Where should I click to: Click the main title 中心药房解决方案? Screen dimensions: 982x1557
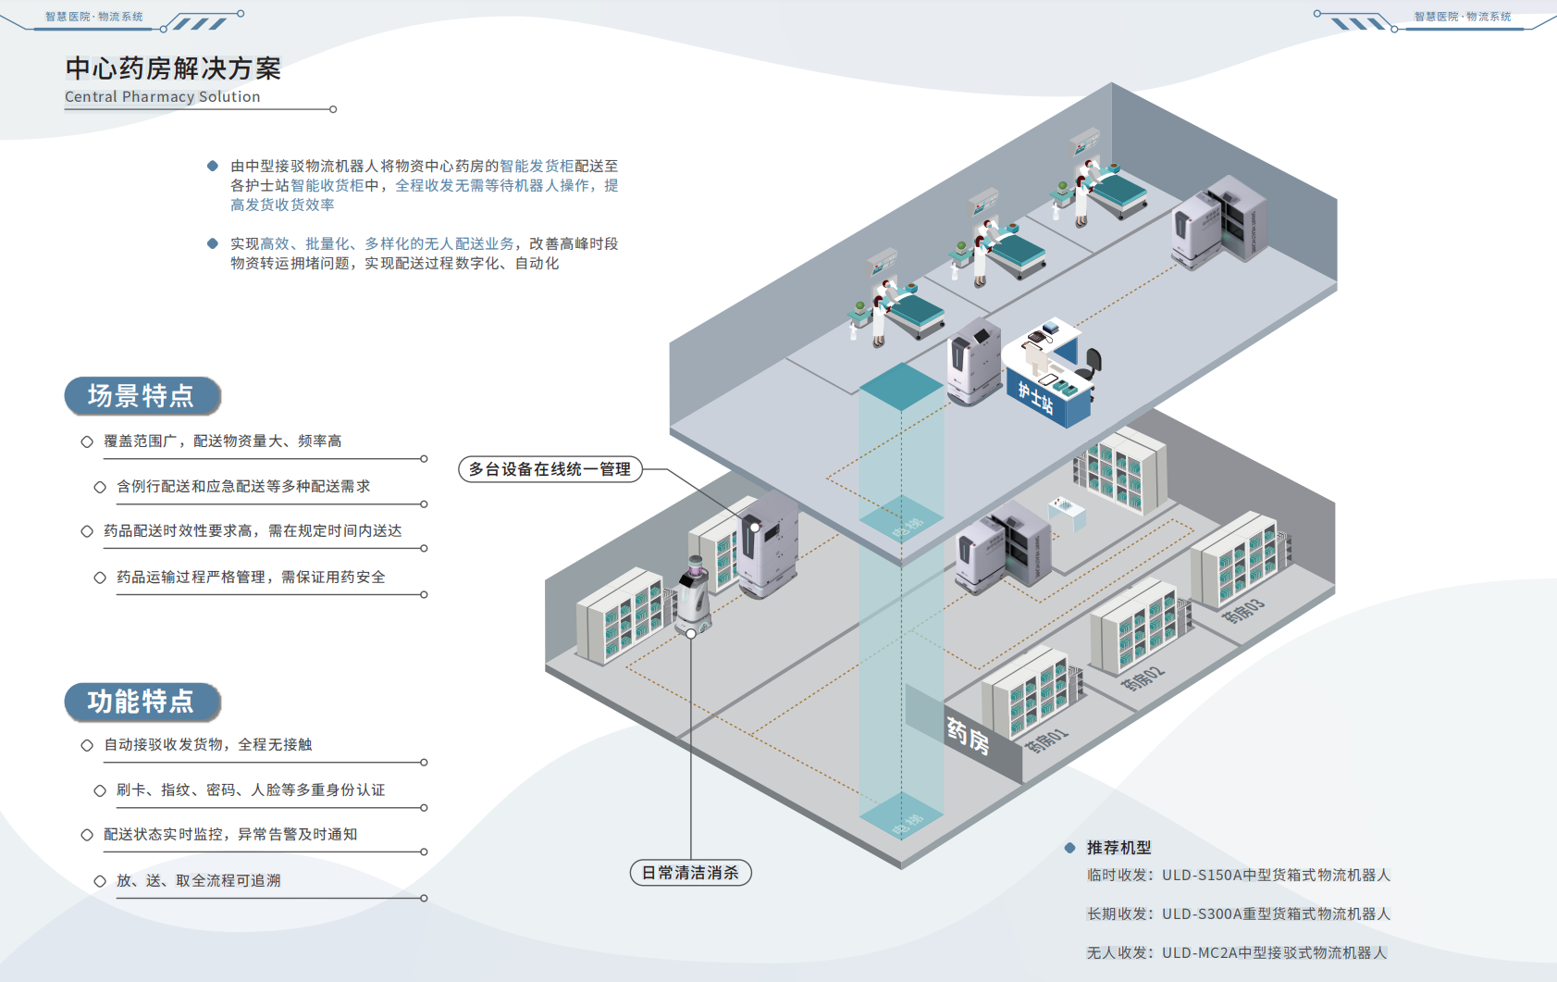(x=173, y=68)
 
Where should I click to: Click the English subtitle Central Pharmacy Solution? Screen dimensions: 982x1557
(x=163, y=96)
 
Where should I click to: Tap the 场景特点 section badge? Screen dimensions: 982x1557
(x=142, y=396)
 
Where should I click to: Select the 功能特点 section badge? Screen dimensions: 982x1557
(x=142, y=702)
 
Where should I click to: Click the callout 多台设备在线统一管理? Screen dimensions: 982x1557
(x=550, y=469)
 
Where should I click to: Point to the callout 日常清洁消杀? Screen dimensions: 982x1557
(x=690, y=873)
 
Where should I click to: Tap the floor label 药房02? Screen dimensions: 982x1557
(x=1143, y=678)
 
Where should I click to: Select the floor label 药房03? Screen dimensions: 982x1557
(x=1243, y=611)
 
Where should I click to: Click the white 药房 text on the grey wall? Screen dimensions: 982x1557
(x=968, y=737)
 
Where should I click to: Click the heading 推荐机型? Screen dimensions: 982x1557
(x=1118, y=848)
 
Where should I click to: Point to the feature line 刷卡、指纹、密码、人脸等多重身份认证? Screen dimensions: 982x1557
(x=251, y=789)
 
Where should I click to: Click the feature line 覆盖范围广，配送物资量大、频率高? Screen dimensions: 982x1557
(x=223, y=441)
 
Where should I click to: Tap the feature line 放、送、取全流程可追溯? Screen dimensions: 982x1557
(x=198, y=880)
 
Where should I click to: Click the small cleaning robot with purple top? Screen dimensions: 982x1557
(x=694, y=597)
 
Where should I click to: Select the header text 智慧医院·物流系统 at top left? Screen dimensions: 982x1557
(x=94, y=17)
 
